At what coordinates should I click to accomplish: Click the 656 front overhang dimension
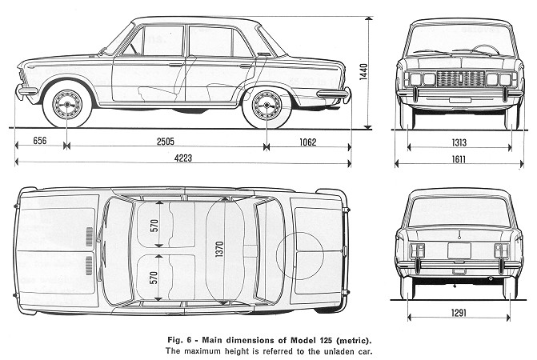click(x=40, y=140)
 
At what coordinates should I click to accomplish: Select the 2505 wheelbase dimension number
click(x=166, y=141)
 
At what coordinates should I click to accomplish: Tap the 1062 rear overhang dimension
click(x=308, y=142)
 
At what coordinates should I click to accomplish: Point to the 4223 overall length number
click(x=183, y=158)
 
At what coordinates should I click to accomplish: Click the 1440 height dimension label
click(x=363, y=72)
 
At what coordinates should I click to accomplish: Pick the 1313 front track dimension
click(x=459, y=142)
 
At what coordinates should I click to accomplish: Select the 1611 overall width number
click(x=459, y=159)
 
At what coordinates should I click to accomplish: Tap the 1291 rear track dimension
click(x=459, y=313)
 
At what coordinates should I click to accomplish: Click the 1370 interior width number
click(x=219, y=249)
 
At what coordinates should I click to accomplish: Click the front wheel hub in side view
click(x=67, y=104)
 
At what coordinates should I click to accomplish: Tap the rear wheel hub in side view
click(x=266, y=105)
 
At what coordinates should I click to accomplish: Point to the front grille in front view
click(x=461, y=78)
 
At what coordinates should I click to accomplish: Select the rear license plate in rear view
click(x=459, y=250)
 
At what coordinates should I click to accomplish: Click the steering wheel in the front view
click(x=486, y=50)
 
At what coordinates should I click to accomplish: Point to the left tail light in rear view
click(x=416, y=250)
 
